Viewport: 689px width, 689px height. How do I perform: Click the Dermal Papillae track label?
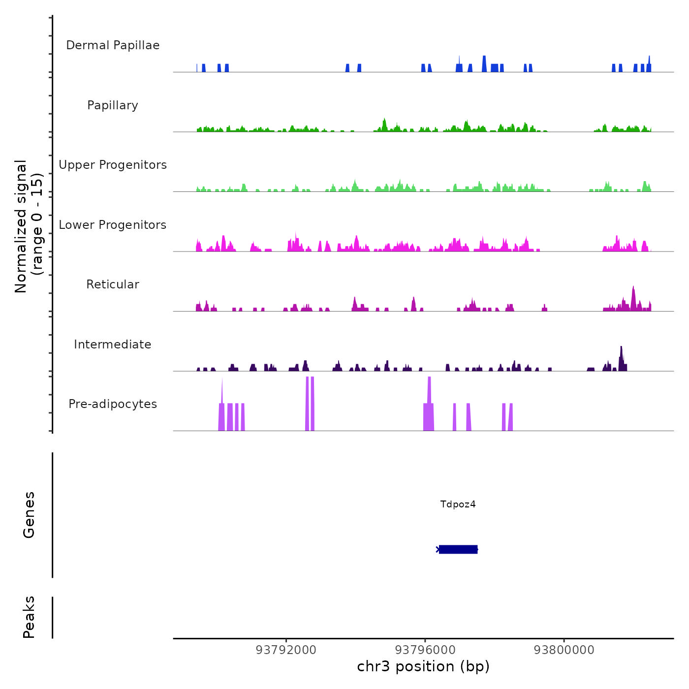pos(113,45)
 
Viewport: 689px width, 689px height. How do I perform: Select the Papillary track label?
pos(113,105)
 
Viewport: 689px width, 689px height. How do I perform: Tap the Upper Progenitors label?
pos(113,165)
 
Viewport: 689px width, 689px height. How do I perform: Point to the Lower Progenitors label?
pos(113,225)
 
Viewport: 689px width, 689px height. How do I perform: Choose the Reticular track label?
pos(113,284)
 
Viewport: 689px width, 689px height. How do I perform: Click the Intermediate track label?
pos(113,344)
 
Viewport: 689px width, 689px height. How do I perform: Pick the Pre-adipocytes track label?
pos(113,404)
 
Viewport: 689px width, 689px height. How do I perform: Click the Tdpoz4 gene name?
pos(458,504)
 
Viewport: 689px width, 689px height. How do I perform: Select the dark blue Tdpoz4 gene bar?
pos(458,549)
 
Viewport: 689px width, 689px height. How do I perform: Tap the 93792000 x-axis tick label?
pos(286,650)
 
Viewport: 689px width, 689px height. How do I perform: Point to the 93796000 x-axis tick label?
pos(425,650)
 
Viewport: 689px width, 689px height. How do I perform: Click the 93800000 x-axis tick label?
pos(564,650)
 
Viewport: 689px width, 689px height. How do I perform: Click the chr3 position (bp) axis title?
pos(423,666)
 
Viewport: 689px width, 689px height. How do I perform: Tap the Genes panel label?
pos(29,515)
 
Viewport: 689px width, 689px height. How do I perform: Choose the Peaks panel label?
pos(29,617)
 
